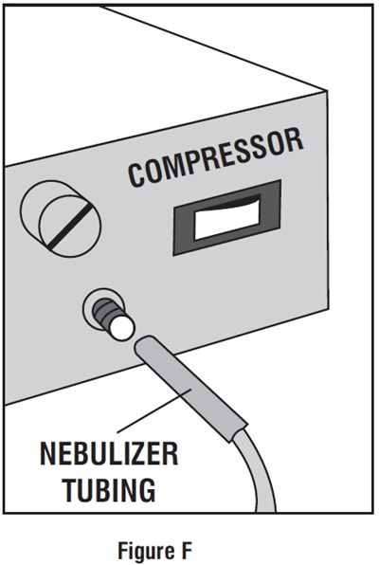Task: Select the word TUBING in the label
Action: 109,489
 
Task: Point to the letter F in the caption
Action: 187,550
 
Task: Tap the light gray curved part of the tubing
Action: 256,476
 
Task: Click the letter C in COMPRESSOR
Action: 137,175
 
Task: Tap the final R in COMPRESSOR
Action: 293,140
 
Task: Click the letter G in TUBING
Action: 146,489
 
